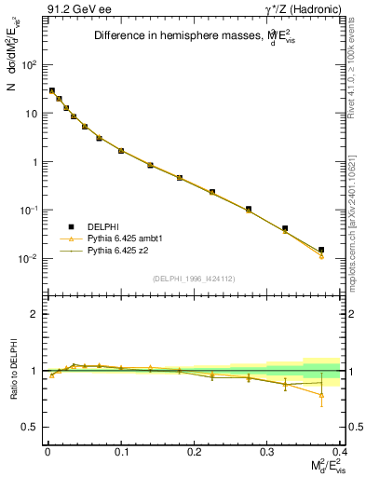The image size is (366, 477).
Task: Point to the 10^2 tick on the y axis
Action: pos(29,65)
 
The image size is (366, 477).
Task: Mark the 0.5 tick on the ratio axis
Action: pos(31,427)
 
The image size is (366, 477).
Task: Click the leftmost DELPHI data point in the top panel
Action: pos(52,90)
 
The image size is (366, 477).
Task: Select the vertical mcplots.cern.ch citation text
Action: pos(357,214)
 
